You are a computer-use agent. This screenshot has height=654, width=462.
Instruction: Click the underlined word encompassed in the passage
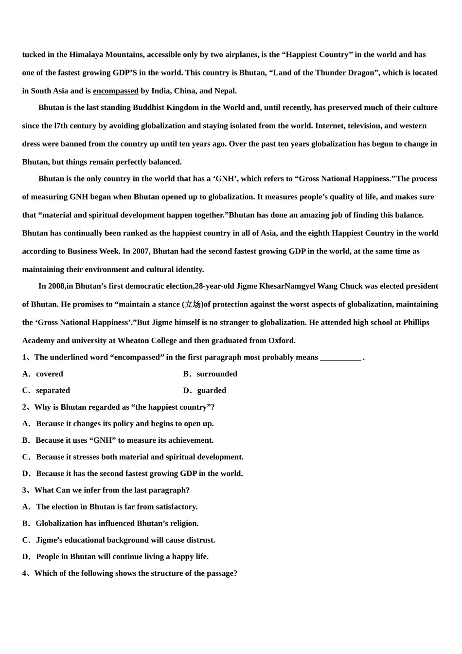115,91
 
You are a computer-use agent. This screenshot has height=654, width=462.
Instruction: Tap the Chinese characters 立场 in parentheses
193,305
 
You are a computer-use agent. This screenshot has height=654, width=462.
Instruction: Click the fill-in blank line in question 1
340,358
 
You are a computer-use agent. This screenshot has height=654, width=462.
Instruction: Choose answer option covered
50,374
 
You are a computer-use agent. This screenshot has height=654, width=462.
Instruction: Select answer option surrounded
217,374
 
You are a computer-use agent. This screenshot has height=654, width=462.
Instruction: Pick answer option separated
53,391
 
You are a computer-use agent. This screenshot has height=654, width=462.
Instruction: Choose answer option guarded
212,391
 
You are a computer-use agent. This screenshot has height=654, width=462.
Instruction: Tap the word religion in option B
183,524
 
